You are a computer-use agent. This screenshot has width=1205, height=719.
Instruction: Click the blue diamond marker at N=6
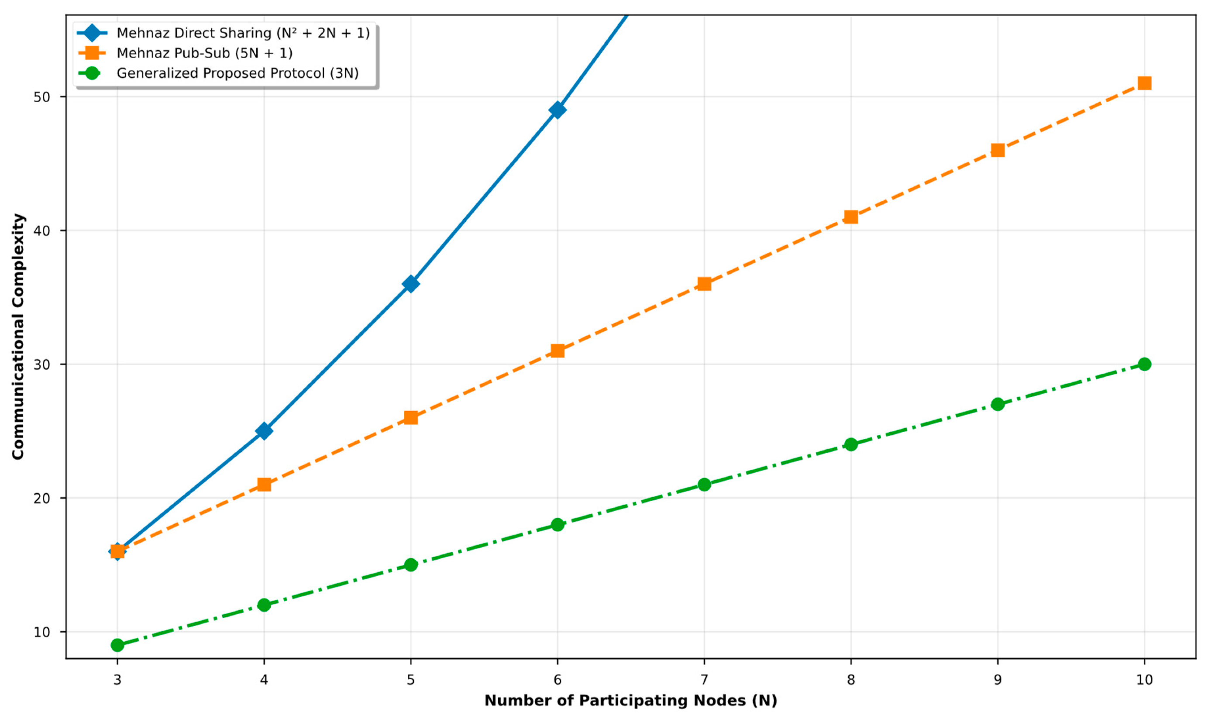(557, 110)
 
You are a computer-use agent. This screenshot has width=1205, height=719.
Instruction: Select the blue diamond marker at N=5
(410, 284)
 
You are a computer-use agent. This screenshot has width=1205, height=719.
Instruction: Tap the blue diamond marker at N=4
(264, 431)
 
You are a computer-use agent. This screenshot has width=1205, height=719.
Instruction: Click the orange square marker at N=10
(1144, 83)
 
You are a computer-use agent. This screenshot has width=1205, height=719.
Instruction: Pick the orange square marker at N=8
(851, 217)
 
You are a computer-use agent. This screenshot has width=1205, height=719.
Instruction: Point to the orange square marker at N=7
(704, 284)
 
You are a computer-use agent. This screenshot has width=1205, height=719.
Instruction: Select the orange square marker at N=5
(410, 418)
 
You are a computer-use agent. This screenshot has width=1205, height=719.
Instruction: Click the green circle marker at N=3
(117, 645)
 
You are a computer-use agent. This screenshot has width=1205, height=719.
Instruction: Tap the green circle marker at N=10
(1144, 365)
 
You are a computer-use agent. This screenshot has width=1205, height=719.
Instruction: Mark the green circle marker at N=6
(557, 525)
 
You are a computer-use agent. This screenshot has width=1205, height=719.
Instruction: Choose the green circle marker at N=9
(998, 404)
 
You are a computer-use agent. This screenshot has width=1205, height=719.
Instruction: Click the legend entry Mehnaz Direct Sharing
(243, 33)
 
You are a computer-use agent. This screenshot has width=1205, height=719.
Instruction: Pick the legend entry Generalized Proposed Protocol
(238, 73)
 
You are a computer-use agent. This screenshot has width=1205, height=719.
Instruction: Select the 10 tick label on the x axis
(1144, 680)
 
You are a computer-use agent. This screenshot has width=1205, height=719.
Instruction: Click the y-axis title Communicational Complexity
(18, 337)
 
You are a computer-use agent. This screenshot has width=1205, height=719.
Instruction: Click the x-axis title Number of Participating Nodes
(630, 701)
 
